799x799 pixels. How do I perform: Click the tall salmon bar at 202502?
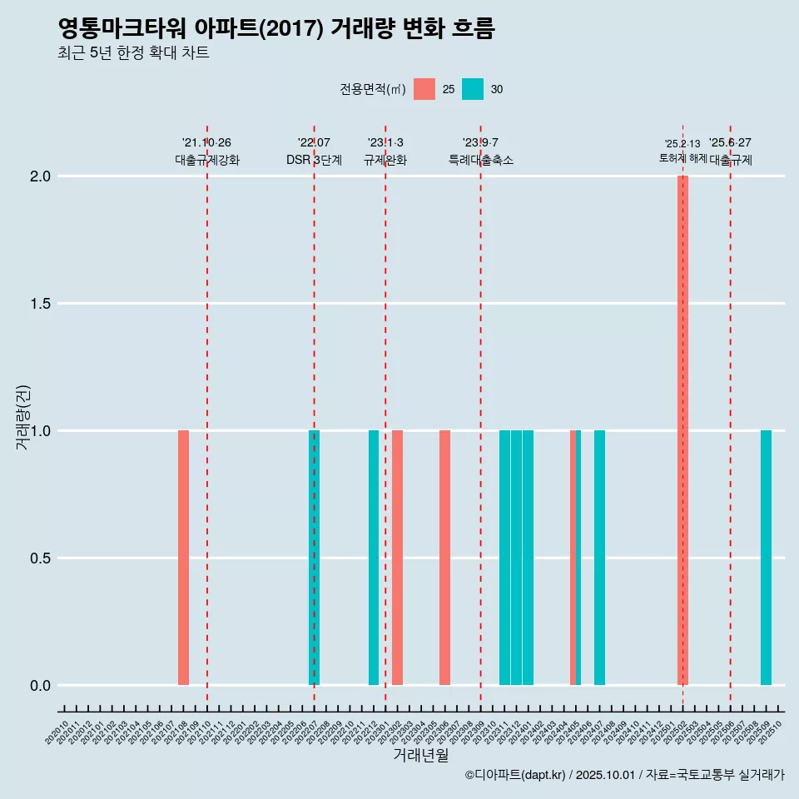coord(682,430)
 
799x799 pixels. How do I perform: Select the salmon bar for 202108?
coord(183,558)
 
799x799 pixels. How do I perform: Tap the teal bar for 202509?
coord(766,558)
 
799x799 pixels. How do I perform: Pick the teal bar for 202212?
coord(374,558)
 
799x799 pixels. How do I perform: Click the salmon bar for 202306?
coord(445,558)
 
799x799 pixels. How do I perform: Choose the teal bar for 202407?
coord(599,558)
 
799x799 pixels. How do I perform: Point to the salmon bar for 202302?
coord(398,558)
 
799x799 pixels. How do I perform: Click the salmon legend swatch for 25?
coord(424,89)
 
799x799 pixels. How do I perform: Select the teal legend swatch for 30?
coord(473,89)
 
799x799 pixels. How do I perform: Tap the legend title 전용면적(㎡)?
coord(373,89)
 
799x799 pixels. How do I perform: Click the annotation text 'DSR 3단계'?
coord(314,161)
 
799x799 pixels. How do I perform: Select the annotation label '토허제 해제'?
coord(682,158)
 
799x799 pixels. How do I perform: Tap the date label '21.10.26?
coord(206,143)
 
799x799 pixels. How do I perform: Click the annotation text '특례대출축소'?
coord(481,161)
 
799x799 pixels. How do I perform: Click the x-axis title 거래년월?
coord(420,755)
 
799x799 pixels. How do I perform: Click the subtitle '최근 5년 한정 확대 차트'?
coord(133,53)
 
